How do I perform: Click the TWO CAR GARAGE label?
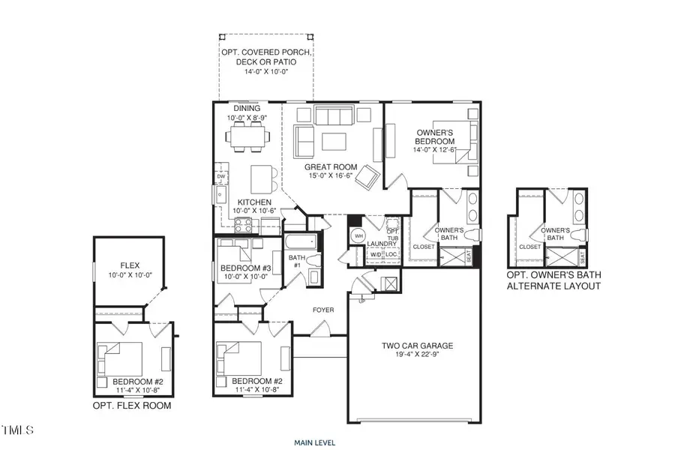pos(416,346)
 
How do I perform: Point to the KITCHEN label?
pos(254,202)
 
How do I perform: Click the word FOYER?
pos(323,310)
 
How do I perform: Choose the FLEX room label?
pos(130,265)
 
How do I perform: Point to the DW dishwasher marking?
pos(221,177)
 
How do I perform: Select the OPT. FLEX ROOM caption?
pos(132,406)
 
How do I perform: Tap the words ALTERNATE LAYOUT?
pos(553,286)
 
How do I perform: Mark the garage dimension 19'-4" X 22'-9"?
pos(416,355)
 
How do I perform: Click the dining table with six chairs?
pos(247,137)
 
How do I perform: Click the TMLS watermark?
pos(17,430)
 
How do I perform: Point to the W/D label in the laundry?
pos(375,255)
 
